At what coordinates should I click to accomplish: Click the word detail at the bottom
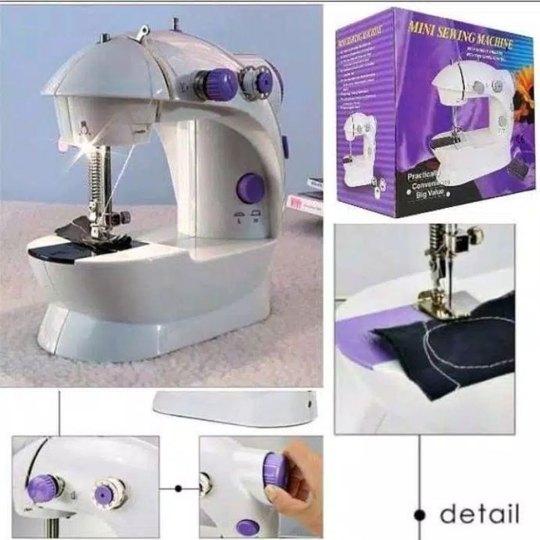479,514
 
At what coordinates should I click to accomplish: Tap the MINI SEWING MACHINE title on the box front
460,35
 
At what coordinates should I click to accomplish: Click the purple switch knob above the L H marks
250,188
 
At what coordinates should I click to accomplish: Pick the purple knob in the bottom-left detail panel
44,487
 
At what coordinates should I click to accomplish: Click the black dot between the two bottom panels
179,488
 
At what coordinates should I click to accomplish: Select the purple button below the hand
248,527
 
